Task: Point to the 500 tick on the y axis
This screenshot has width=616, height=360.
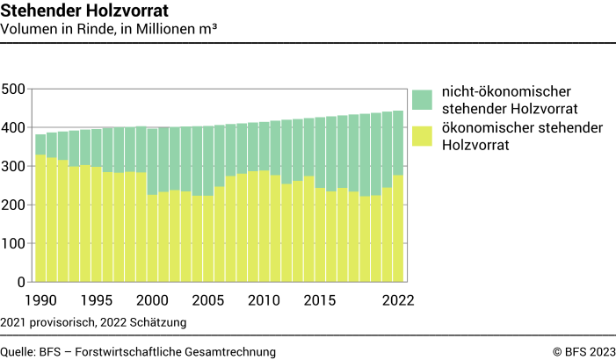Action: coord(14,90)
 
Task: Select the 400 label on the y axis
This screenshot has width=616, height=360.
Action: coord(14,128)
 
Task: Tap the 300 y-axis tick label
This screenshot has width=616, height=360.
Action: coord(14,167)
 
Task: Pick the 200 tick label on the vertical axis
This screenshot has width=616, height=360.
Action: coord(14,205)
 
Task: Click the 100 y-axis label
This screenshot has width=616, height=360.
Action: coord(14,244)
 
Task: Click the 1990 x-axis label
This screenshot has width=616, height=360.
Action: coord(40,300)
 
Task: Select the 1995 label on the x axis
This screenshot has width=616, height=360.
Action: coord(97,300)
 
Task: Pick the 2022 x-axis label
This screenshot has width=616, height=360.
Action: coord(397,300)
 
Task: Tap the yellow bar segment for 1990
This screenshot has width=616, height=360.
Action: coord(40,219)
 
